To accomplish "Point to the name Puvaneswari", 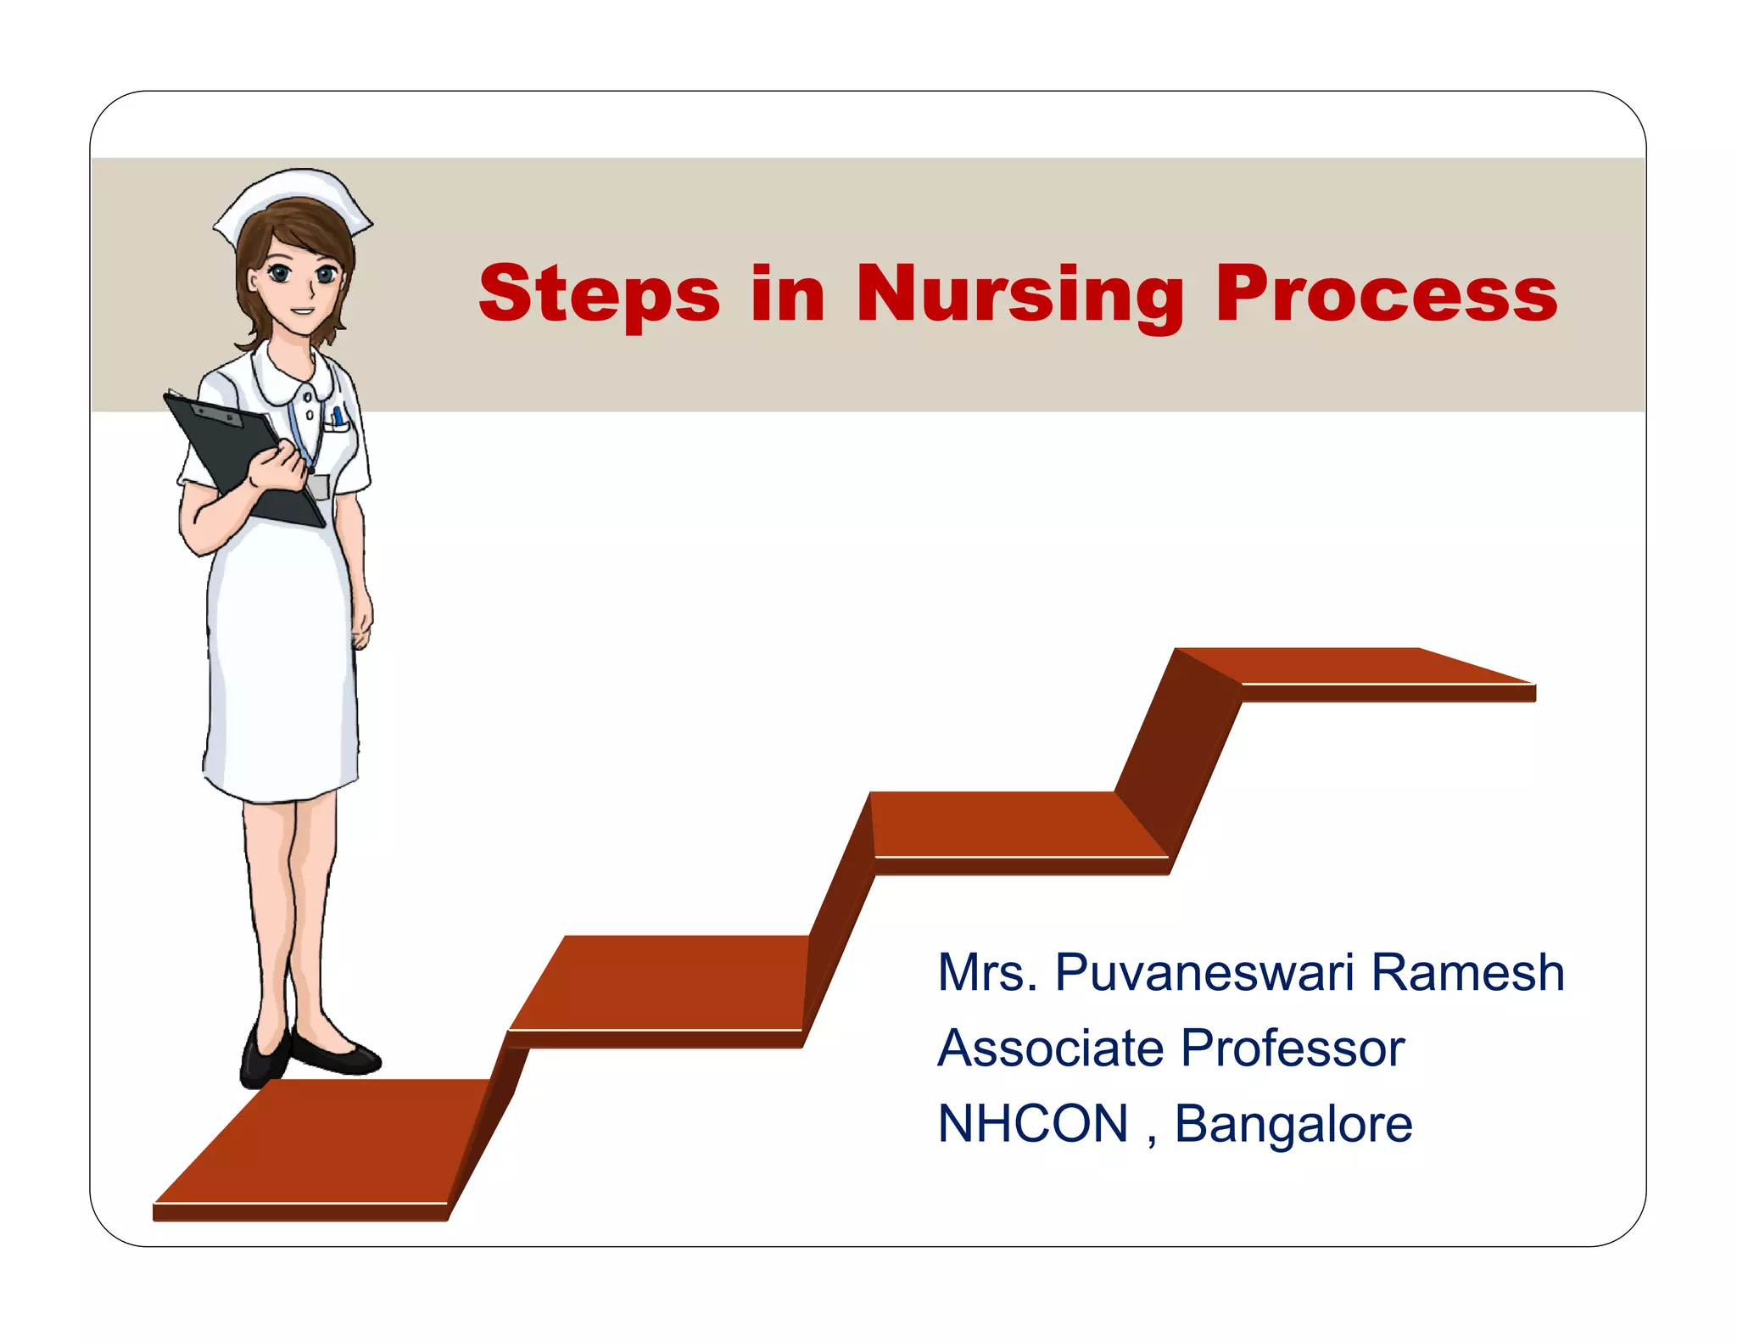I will pos(1204,972).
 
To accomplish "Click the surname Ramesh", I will pos(1467,972).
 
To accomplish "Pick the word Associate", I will pos(1050,1048).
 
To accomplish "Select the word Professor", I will pos(1293,1048).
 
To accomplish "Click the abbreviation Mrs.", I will pos(986,972).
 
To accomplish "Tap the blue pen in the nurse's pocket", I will pos(338,416).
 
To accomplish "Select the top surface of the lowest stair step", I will pos(322,1141).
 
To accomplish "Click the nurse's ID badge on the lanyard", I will pos(318,487).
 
